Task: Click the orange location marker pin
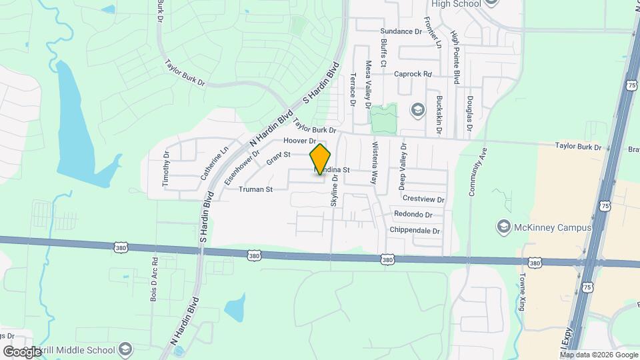(321, 159)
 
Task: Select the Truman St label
(256, 189)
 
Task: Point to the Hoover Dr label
(299, 141)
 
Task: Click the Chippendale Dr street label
(417, 231)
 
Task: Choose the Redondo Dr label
(413, 215)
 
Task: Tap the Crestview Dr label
(423, 199)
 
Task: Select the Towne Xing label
(522, 294)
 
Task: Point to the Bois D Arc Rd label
(154, 280)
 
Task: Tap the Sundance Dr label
(401, 31)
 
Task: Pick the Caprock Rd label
(413, 74)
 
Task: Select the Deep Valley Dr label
(403, 164)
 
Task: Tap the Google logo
(22, 351)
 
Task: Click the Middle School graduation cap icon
(125, 349)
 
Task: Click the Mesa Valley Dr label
(367, 85)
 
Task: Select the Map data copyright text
(597, 355)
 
